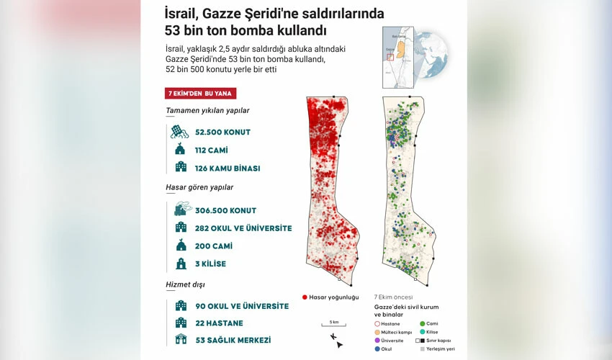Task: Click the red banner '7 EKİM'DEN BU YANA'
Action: click(x=201, y=94)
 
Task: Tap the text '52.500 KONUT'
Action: click(x=222, y=132)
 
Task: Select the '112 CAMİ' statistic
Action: click(x=214, y=150)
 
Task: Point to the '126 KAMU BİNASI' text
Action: click(x=228, y=168)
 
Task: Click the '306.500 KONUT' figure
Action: click(x=225, y=210)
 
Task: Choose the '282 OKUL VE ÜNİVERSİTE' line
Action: click(x=243, y=228)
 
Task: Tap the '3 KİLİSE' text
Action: click(x=210, y=264)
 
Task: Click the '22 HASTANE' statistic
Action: click(x=219, y=323)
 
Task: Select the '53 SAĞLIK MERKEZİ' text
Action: click(x=233, y=340)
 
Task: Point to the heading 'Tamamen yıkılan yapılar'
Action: click(x=207, y=111)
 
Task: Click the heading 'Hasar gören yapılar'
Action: click(x=199, y=187)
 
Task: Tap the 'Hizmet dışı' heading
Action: click(x=186, y=284)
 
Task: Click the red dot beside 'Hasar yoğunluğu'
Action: click(x=305, y=297)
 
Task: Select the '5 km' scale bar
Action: click(x=333, y=325)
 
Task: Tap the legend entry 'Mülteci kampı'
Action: click(x=397, y=332)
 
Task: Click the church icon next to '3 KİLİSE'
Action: click(x=180, y=264)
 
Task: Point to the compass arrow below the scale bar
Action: click(x=336, y=339)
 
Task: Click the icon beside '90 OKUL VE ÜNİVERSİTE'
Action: click(x=180, y=306)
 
